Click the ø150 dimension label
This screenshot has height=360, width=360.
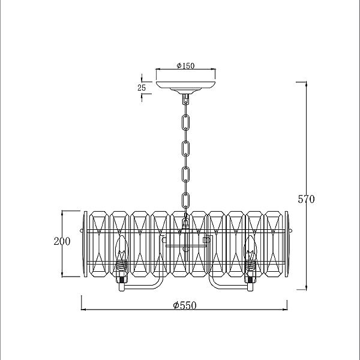click(x=185, y=66)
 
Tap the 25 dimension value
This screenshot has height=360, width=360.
click(x=142, y=88)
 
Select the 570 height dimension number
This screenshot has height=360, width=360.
click(x=306, y=199)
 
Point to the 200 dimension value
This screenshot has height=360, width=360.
click(x=62, y=241)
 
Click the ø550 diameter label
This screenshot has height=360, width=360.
click(x=185, y=305)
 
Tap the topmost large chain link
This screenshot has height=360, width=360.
click(x=185, y=122)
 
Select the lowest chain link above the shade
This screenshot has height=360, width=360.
click(x=185, y=200)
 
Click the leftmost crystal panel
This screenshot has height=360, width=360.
click(x=99, y=244)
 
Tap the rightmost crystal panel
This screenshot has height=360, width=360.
click(x=274, y=244)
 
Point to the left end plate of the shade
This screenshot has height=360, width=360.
click(x=86, y=244)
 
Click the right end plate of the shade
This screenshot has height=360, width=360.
click(x=287, y=244)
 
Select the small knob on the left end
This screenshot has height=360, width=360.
click(x=82, y=230)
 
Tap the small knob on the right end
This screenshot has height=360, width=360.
click(x=291, y=230)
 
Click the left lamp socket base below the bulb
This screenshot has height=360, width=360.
click(x=122, y=284)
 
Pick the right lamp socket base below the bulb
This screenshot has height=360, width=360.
click(x=250, y=284)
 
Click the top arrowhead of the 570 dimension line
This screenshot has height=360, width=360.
click(x=306, y=84)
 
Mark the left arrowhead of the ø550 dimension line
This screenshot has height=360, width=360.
click(x=84, y=310)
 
